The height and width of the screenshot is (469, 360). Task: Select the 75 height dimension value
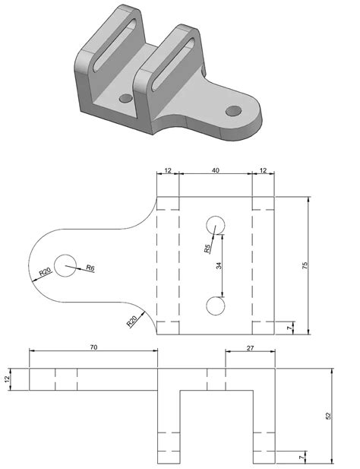pos(305,265)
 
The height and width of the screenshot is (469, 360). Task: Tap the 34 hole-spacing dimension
pos(219,265)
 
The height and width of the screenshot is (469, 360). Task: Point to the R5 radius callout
pos(207,249)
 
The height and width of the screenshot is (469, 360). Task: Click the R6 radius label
pos(90,268)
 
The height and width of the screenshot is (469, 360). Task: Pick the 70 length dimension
pos(93,347)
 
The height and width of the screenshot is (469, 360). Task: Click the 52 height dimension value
pos(328,416)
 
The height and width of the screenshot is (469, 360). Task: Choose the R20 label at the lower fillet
pos(131,321)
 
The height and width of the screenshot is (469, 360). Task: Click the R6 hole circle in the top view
pos(65,265)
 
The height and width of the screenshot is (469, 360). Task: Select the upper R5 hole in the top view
pos(215,225)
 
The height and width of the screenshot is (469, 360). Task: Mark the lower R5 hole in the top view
pos(215,306)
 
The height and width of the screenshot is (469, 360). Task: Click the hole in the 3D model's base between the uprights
pos(124,99)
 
